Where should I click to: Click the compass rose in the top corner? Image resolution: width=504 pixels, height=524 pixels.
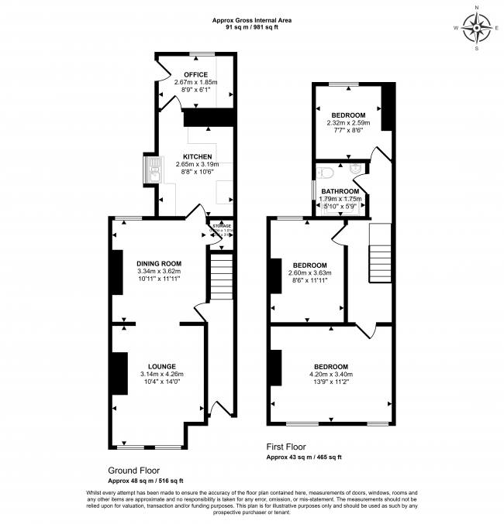click(x=476, y=30)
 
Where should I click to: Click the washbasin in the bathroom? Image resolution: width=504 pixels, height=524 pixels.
click(x=356, y=170)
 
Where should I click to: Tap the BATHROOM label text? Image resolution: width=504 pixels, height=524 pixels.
click(x=340, y=191)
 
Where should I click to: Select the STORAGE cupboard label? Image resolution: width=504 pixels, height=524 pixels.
click(x=222, y=226)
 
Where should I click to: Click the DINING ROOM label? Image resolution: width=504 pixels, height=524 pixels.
click(x=158, y=263)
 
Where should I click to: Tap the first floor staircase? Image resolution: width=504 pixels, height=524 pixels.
click(x=380, y=255)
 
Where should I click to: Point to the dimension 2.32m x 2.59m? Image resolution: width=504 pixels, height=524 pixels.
click(x=348, y=122)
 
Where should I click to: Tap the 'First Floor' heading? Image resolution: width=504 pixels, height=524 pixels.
click(x=285, y=447)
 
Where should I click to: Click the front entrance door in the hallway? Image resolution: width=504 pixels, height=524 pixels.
click(x=220, y=408)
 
